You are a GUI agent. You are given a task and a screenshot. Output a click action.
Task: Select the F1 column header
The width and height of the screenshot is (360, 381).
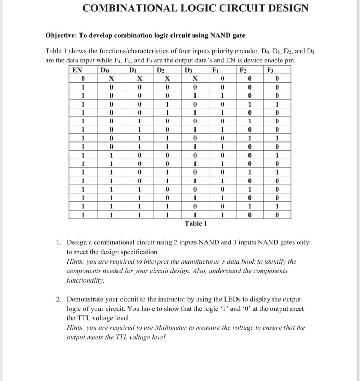pyautogui.click(x=215, y=70)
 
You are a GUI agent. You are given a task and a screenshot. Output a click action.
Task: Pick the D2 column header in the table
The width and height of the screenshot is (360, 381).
pyautogui.click(x=160, y=70)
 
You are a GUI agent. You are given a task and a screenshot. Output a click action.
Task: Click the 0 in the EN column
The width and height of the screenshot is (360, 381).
pyautogui.click(x=82, y=78)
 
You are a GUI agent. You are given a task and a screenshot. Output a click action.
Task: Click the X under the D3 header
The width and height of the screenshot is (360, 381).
pyautogui.click(x=194, y=78)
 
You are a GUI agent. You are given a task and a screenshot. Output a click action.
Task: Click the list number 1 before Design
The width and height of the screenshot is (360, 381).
pyautogui.click(x=58, y=242)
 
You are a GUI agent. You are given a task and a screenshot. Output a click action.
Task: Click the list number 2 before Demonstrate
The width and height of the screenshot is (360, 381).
pyautogui.click(x=58, y=299)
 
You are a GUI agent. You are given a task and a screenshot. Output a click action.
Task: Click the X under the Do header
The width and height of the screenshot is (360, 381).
pyautogui.click(x=111, y=78)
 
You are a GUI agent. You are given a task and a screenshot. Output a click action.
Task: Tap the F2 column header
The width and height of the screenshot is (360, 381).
pyautogui.click(x=243, y=70)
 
